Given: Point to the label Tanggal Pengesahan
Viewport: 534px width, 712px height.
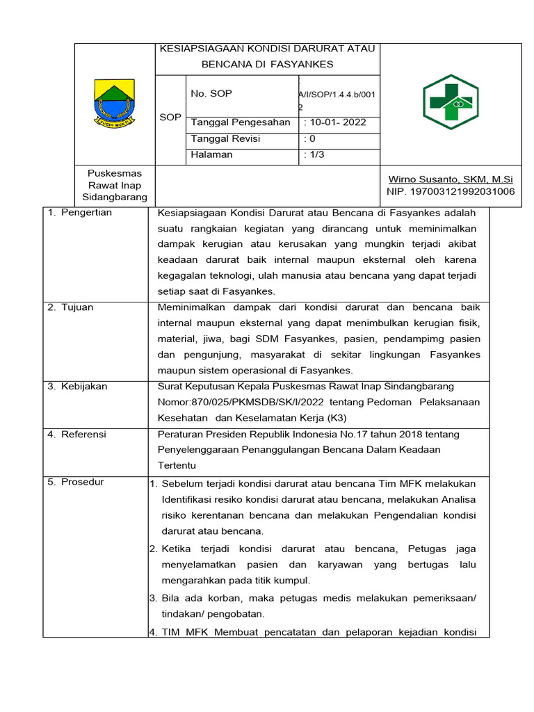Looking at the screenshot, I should [241, 122].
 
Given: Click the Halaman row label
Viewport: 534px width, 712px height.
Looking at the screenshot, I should [212, 154].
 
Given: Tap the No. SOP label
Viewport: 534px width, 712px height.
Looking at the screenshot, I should [211, 93].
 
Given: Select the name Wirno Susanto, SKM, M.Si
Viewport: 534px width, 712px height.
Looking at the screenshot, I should [451, 179].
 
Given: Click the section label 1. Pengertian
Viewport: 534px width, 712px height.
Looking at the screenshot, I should [80, 212].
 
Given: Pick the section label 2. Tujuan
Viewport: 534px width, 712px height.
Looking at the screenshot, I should [70, 307].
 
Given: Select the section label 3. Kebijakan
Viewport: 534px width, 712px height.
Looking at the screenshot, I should [77, 387].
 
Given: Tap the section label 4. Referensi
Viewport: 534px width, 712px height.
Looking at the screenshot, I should [77, 435].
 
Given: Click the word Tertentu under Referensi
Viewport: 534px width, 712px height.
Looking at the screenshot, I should [177, 464].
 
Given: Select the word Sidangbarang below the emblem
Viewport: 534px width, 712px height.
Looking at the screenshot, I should [115, 197].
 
